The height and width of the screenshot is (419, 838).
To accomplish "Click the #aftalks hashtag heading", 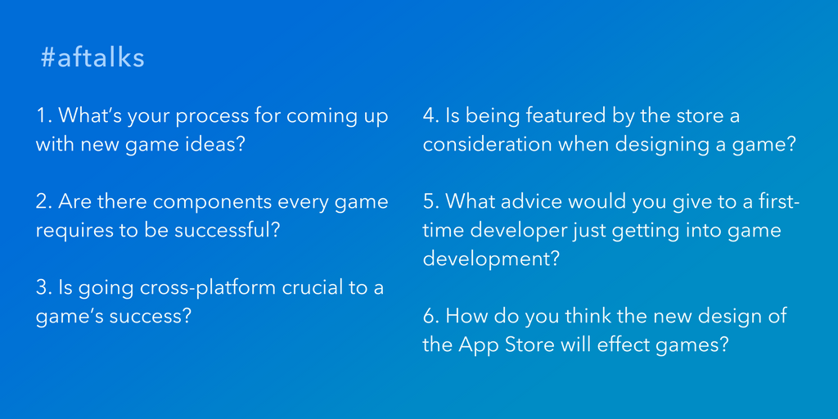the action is (x=92, y=59).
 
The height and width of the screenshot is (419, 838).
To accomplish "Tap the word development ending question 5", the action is (x=491, y=260).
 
